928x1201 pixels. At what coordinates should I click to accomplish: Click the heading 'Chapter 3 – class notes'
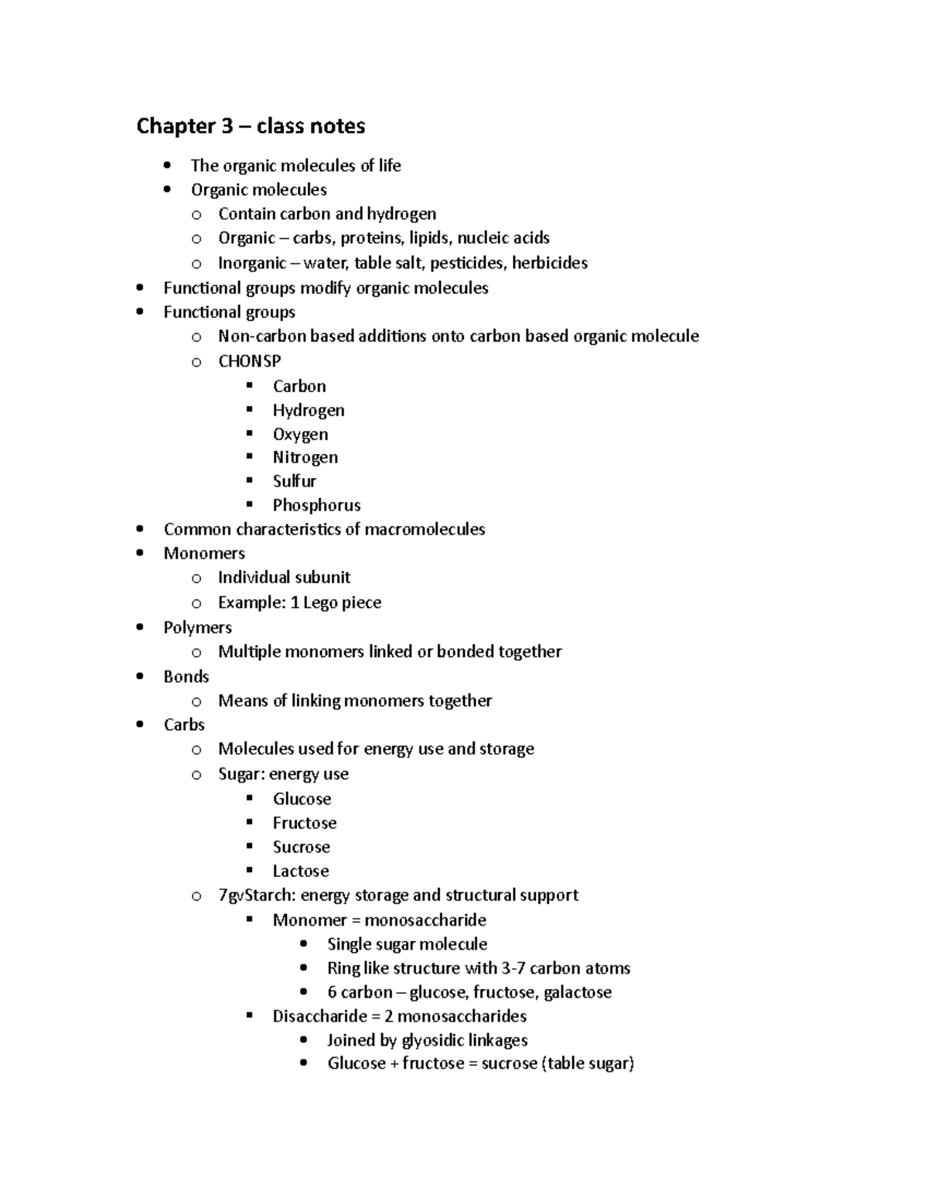click(x=251, y=126)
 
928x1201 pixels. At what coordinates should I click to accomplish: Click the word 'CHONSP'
click(x=249, y=361)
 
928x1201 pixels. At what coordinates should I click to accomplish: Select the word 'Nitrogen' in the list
click(x=305, y=458)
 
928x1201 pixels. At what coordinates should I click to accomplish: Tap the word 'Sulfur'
click(x=294, y=482)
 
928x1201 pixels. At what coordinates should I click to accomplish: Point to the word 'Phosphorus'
click(x=316, y=506)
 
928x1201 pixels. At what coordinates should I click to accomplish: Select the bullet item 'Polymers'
click(x=197, y=627)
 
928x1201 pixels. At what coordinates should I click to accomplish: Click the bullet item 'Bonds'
click(x=186, y=677)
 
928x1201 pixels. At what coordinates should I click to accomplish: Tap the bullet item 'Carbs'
click(x=184, y=725)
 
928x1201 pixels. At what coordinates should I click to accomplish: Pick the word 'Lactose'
click(x=300, y=871)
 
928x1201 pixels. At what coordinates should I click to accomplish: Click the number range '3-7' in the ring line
click(x=513, y=968)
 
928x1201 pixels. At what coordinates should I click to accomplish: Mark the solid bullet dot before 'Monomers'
click(x=139, y=553)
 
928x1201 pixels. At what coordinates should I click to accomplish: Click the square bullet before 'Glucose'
click(x=249, y=798)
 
